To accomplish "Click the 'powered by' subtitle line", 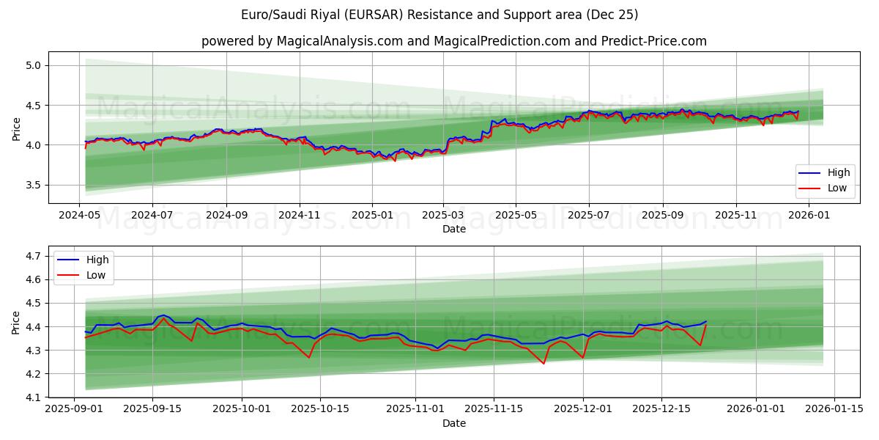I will coord(454,41).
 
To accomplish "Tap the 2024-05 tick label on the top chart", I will coord(79,216).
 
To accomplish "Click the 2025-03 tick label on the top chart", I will coord(443,216).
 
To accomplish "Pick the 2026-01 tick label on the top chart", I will coord(809,216).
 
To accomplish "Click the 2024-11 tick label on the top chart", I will coord(299,216).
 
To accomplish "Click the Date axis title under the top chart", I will coord(454,229).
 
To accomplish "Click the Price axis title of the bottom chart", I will coord(15,322).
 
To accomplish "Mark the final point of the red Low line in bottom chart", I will coord(706,324).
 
